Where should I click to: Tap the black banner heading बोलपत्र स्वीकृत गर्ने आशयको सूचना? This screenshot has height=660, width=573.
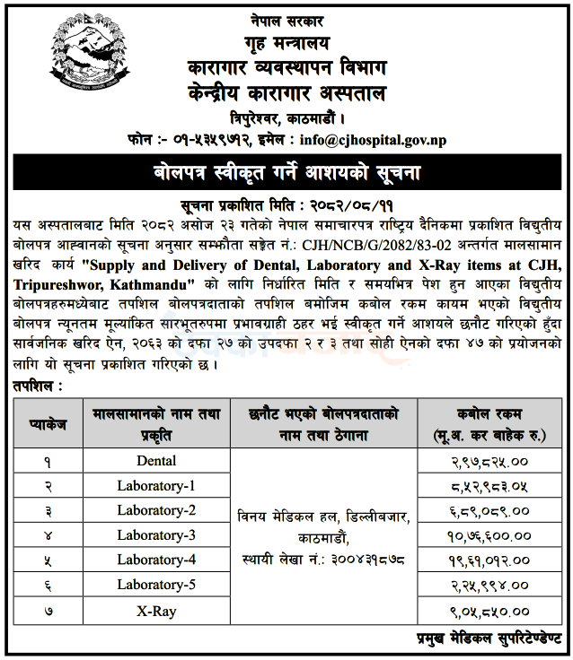[x=286, y=170]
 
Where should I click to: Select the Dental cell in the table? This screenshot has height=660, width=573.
[x=156, y=461]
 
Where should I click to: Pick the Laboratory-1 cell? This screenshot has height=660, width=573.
[x=156, y=485]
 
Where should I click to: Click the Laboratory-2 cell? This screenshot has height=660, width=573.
[x=156, y=510]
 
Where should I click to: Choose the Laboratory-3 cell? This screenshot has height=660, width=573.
[x=156, y=535]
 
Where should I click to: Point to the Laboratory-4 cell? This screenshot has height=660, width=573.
[x=156, y=560]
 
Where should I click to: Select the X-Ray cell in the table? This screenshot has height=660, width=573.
[x=156, y=611]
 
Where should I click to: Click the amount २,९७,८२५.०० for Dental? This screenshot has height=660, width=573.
[x=489, y=461]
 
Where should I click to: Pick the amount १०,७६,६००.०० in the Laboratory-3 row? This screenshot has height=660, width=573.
[x=489, y=535]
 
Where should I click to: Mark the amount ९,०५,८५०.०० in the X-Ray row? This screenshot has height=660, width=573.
[x=489, y=611]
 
